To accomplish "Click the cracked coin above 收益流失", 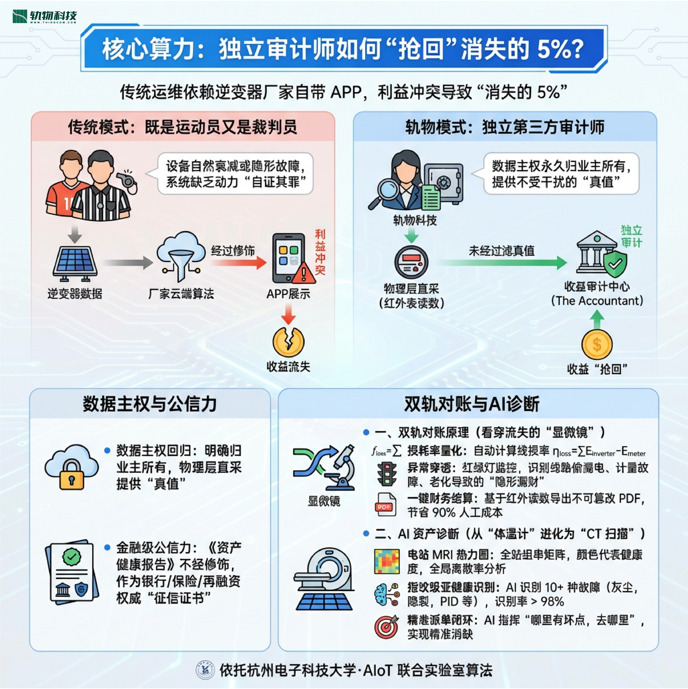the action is [288, 342].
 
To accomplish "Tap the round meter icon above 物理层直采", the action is [411, 262].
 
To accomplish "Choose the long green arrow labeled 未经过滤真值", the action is [501, 263].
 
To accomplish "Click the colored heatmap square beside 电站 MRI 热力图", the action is [386, 562].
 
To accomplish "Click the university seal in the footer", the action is [205, 670].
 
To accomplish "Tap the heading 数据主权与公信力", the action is [150, 404].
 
